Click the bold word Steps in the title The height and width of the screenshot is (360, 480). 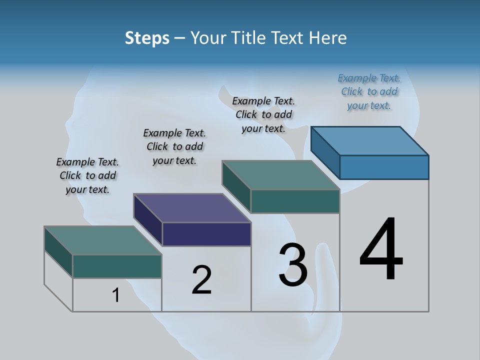(x=147, y=38)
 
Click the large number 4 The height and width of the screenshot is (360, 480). (x=381, y=250)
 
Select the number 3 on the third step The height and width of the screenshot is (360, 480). (x=293, y=265)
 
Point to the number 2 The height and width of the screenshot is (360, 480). (x=201, y=280)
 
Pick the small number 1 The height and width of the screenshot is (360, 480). (x=116, y=295)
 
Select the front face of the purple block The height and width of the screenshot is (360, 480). (x=206, y=234)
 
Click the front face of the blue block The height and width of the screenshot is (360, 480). (x=384, y=167)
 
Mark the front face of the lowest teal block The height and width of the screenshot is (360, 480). (x=117, y=266)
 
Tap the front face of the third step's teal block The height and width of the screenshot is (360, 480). (x=295, y=201)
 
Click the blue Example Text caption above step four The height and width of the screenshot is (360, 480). (x=369, y=91)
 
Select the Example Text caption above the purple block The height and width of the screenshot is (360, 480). (x=174, y=146)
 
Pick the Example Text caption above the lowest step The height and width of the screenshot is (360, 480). (x=87, y=175)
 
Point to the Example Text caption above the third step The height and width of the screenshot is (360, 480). (x=263, y=114)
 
